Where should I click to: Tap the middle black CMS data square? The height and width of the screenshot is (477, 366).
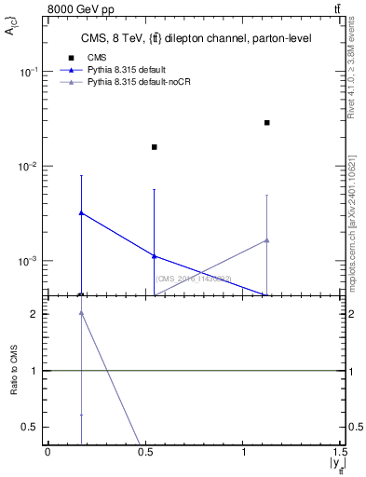point(155,146)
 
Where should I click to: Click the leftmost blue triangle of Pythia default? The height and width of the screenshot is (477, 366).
point(81,212)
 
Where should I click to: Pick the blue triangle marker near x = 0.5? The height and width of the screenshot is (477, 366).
point(155,255)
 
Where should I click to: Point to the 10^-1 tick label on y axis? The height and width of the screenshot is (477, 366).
point(30,72)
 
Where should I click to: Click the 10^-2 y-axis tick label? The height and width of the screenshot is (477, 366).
point(30,167)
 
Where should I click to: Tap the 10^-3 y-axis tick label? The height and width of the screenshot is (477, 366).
point(30,262)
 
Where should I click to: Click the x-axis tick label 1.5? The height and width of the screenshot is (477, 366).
point(344,452)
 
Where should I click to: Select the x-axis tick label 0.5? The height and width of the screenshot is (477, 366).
point(146,452)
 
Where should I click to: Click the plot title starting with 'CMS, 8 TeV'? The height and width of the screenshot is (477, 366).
point(195,38)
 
